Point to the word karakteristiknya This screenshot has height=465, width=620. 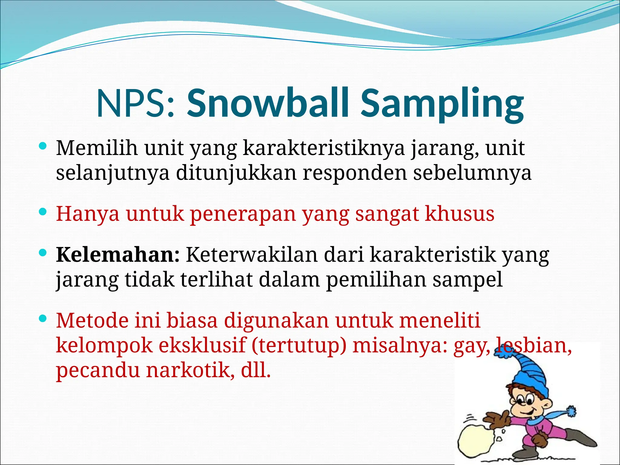point(324,149)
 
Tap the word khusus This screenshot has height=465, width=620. point(460,214)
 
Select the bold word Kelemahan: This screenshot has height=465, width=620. point(118,255)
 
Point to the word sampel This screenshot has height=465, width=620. point(467,280)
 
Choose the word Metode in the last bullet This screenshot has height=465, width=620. point(92,321)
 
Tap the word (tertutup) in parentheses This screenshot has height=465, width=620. point(298,346)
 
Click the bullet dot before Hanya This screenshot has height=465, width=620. point(43,212)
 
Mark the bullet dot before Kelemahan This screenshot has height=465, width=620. point(43,252)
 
